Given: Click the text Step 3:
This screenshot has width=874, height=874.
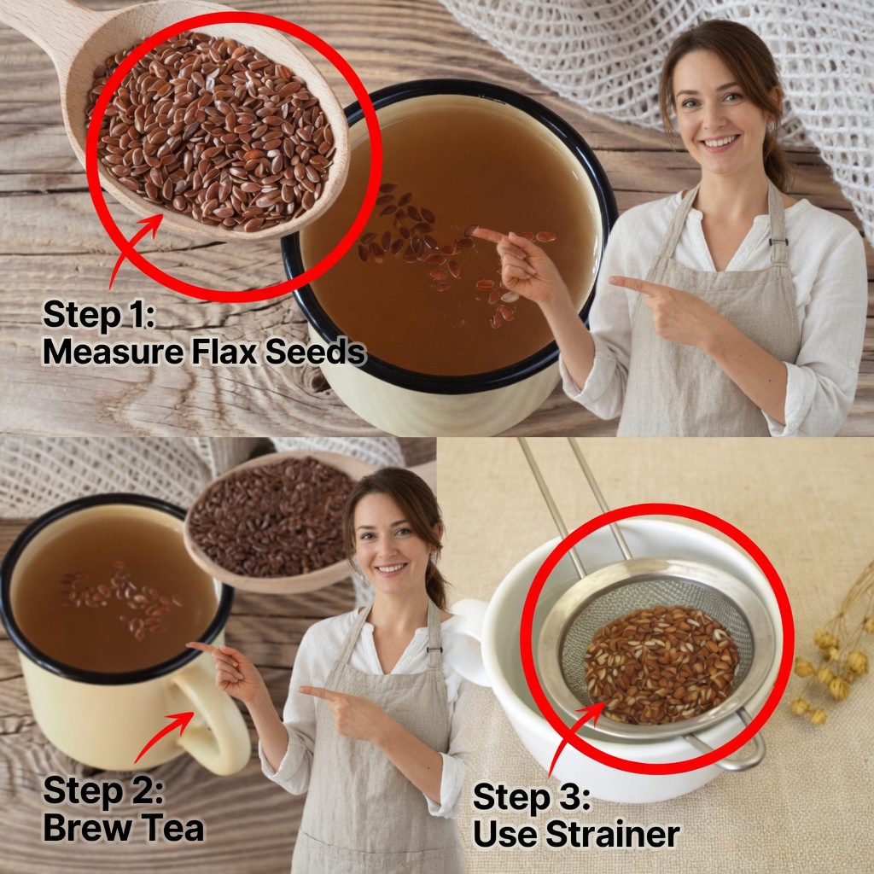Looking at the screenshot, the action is (531, 798).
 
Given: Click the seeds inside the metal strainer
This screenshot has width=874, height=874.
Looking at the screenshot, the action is (661, 665).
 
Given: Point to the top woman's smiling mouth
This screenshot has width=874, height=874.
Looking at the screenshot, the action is (720, 143).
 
